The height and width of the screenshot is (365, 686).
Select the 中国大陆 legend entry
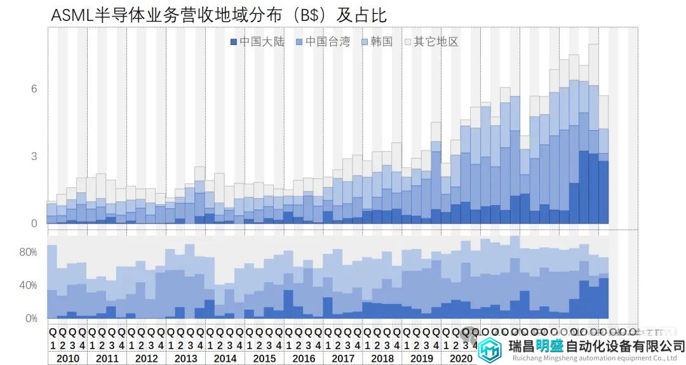257,42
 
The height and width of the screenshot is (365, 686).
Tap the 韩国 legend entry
377,42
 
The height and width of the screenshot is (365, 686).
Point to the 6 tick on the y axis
34,89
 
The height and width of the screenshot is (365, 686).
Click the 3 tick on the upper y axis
34,156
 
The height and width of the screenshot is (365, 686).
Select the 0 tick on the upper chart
34,223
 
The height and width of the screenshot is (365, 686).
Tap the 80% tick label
28,252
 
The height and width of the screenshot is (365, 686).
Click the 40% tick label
28,286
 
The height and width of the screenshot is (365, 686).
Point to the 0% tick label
30,319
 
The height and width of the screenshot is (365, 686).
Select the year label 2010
67,359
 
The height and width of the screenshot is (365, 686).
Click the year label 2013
185,359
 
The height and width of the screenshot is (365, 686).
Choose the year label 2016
304,359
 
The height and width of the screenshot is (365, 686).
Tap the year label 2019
421,359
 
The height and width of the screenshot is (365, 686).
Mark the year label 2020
461,359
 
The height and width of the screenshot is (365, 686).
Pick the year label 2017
343,359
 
